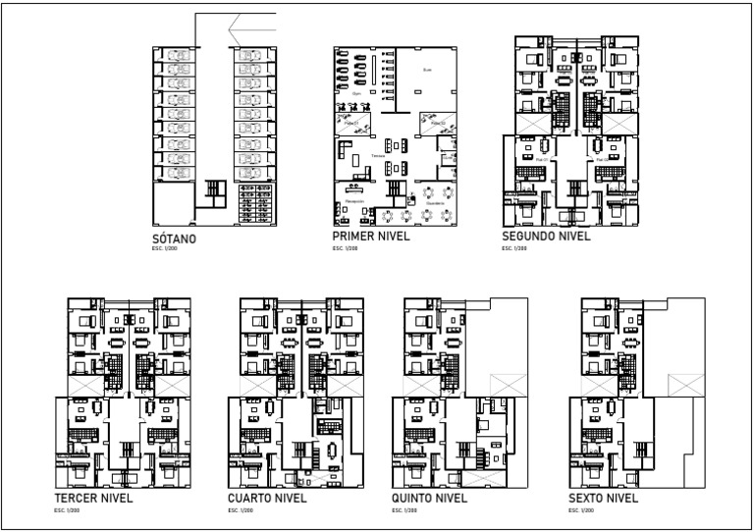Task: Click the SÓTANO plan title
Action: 175,239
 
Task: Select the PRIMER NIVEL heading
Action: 371,238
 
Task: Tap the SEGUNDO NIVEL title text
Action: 545,238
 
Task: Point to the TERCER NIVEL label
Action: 93,498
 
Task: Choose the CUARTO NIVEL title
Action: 267,498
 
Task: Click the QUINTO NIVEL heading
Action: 431,498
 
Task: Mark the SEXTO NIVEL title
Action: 603,498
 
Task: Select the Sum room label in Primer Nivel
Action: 426,71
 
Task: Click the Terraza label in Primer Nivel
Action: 378,156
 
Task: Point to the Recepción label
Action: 354,200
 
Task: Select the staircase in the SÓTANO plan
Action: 214,190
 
